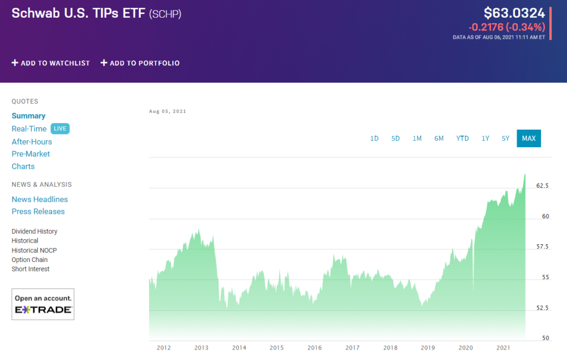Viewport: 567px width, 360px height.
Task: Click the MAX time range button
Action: (x=528, y=138)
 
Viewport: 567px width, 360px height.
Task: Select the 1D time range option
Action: (x=374, y=138)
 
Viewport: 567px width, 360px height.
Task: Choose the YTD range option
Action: (x=462, y=138)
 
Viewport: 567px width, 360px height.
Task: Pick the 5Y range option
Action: (x=505, y=138)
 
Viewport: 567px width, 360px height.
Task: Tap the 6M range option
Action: (x=439, y=138)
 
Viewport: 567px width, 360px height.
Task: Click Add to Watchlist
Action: (x=50, y=63)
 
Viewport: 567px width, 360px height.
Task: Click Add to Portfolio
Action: (x=140, y=63)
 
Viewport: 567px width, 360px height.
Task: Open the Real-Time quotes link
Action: (x=29, y=128)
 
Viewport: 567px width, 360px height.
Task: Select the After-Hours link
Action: (x=32, y=142)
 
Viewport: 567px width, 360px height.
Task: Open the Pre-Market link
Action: (x=30, y=154)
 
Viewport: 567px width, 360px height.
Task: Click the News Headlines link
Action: (x=39, y=199)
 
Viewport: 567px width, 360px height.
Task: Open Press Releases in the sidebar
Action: (x=38, y=212)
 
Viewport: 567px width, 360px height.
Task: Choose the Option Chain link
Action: (x=29, y=260)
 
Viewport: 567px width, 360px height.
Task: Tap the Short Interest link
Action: (x=30, y=269)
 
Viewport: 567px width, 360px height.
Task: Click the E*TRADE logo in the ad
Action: (x=43, y=310)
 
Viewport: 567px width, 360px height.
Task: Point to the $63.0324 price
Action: (x=514, y=13)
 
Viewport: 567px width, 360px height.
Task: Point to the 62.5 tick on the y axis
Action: (x=543, y=186)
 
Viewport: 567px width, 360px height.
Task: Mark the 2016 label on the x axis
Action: (x=315, y=348)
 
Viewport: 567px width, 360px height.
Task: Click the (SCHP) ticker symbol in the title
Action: (x=165, y=13)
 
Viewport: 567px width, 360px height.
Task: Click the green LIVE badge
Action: (x=60, y=128)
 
